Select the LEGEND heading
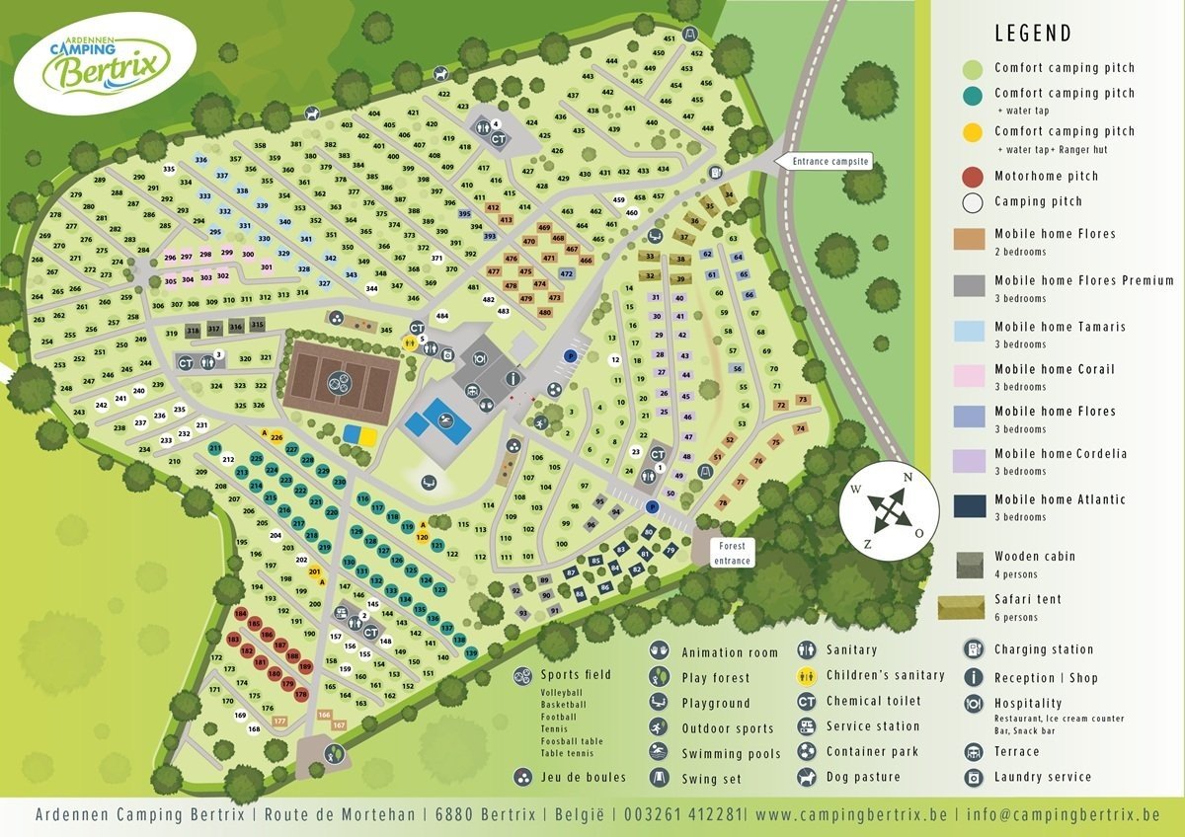pos(1032,34)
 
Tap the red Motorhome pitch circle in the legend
pos(974,177)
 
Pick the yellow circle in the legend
pos(974,131)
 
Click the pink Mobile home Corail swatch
pos(974,376)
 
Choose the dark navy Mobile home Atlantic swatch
pos(974,506)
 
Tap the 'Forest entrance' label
pos(732,553)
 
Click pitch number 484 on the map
pos(442,317)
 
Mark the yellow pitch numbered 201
pos(315,571)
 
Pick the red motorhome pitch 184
pos(240,614)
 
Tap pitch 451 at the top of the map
pos(669,38)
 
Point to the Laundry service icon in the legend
pos(975,777)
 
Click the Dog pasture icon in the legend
pos(807,777)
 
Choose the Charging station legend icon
pos(975,649)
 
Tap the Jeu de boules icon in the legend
pos(521,777)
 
